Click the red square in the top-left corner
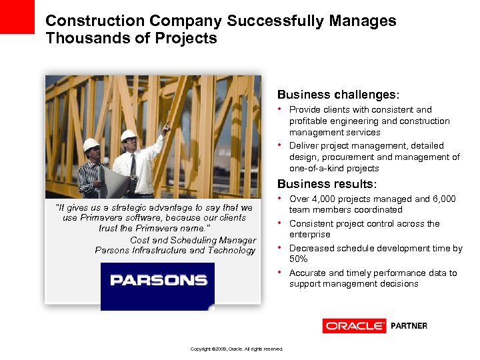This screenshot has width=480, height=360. pyautogui.click(x=17, y=17)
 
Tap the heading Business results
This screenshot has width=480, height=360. pyautogui.click(x=327, y=183)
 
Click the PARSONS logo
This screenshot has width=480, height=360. pyautogui.click(x=157, y=280)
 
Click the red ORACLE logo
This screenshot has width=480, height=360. pyautogui.click(x=354, y=326)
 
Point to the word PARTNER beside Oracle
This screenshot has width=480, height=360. pyautogui.click(x=409, y=326)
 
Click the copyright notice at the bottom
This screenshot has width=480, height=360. pyautogui.click(x=237, y=349)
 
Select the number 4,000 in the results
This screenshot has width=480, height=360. pyautogui.click(x=326, y=199)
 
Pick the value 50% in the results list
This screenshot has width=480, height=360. pyautogui.click(x=299, y=259)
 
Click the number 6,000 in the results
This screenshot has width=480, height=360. pyautogui.click(x=443, y=199)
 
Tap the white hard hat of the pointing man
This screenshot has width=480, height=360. pyautogui.click(x=129, y=135)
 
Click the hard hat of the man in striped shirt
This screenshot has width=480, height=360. pyautogui.click(x=91, y=144)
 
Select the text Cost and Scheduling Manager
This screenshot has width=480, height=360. pyautogui.click(x=193, y=240)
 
